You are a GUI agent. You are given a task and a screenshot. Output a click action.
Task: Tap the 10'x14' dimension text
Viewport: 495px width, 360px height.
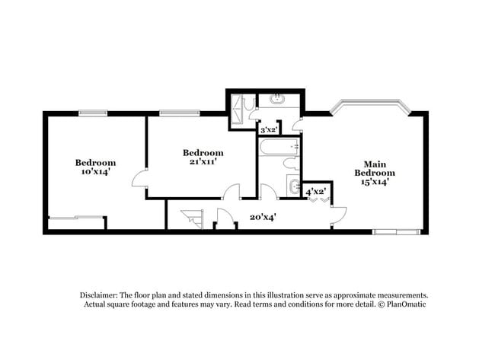coord(95,172)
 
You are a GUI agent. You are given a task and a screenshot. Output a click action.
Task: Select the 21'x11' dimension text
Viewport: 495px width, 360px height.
coord(203,161)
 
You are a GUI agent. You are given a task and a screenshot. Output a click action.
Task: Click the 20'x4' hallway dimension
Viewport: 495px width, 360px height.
coord(263,217)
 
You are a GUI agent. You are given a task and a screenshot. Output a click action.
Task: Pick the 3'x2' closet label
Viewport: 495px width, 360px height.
coord(269,130)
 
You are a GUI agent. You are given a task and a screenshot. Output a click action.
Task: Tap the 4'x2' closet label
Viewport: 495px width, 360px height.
coord(316,192)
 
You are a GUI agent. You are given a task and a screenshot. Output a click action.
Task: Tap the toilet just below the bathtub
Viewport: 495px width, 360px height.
coord(290,164)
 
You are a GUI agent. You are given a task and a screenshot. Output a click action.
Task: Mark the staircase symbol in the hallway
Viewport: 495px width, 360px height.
coord(192,218)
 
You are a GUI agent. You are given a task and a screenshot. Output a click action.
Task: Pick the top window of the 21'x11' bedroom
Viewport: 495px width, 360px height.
coord(176,113)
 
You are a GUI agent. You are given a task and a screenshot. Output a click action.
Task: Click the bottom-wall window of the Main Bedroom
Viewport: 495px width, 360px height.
coord(396,231)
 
